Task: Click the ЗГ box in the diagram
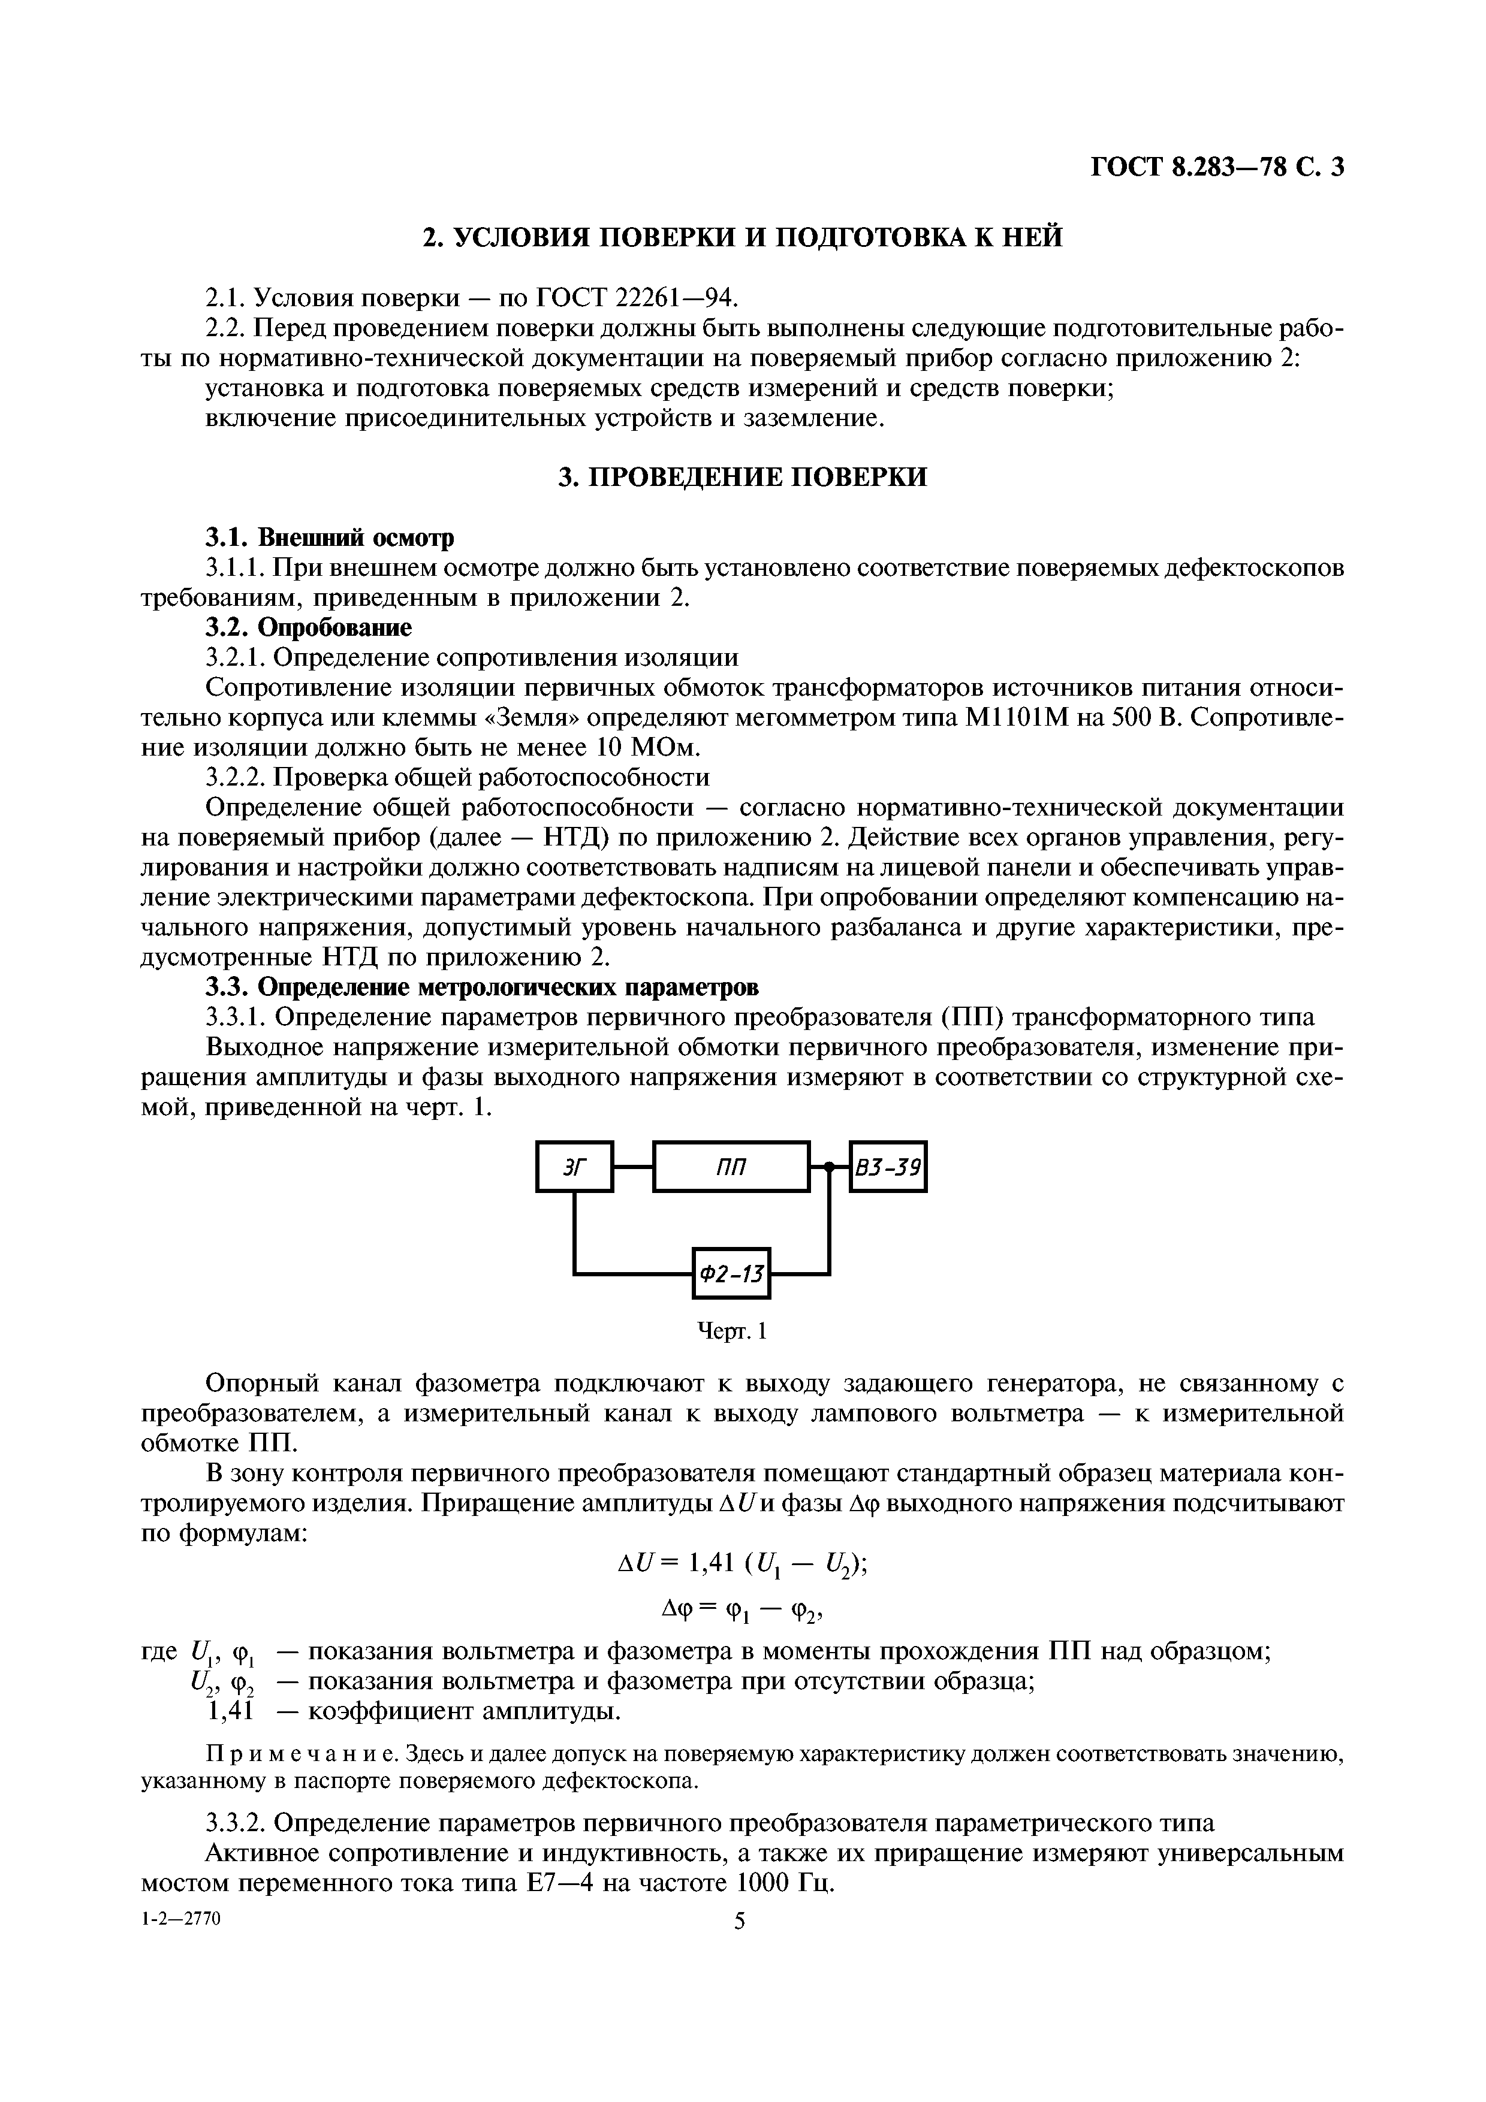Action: click(x=574, y=1167)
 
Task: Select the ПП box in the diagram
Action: click(x=731, y=1167)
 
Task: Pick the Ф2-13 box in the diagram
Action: click(x=731, y=1273)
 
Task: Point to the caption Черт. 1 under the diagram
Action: click(x=731, y=1330)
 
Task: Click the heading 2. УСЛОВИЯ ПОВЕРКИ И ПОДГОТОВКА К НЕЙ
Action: click(x=743, y=237)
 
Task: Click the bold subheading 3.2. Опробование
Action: click(x=308, y=627)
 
